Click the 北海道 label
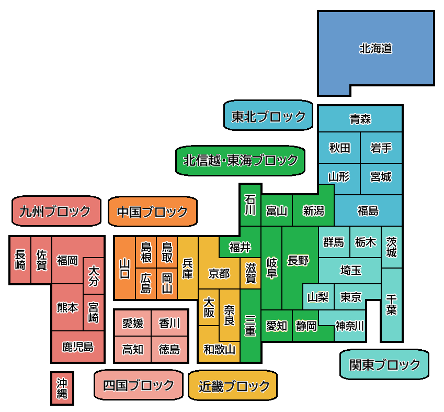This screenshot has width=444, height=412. pyautogui.click(x=375, y=49)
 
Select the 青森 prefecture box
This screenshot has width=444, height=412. pyautogui.click(x=360, y=119)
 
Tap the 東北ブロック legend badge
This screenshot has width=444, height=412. pyautogui.click(x=268, y=116)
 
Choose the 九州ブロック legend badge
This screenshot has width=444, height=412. pyautogui.click(x=55, y=211)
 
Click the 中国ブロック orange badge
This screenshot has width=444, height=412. pyautogui.click(x=152, y=212)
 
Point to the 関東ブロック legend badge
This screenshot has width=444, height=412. pyautogui.click(x=384, y=364)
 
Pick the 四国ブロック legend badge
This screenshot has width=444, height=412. pyautogui.click(x=139, y=385)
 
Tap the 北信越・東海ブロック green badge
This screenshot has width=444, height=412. pyautogui.click(x=241, y=160)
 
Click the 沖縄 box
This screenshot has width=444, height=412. pyautogui.click(x=62, y=388)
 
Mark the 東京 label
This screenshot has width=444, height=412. pyautogui.click(x=350, y=297)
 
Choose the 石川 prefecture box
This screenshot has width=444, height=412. pyautogui.click(x=251, y=205)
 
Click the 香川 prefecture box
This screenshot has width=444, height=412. pyautogui.click(x=169, y=323)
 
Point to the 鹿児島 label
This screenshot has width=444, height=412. pyautogui.click(x=78, y=347)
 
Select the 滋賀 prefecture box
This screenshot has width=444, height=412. pyautogui.click(x=251, y=273)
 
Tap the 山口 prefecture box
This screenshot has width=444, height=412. pyautogui.click(x=125, y=268)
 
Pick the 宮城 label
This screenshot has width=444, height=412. pyautogui.click(x=381, y=176)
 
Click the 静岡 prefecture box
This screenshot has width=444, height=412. pyautogui.click(x=305, y=326)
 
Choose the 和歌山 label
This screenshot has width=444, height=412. pyautogui.click(x=219, y=349)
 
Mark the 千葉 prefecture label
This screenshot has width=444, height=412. pyautogui.click(x=391, y=304)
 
